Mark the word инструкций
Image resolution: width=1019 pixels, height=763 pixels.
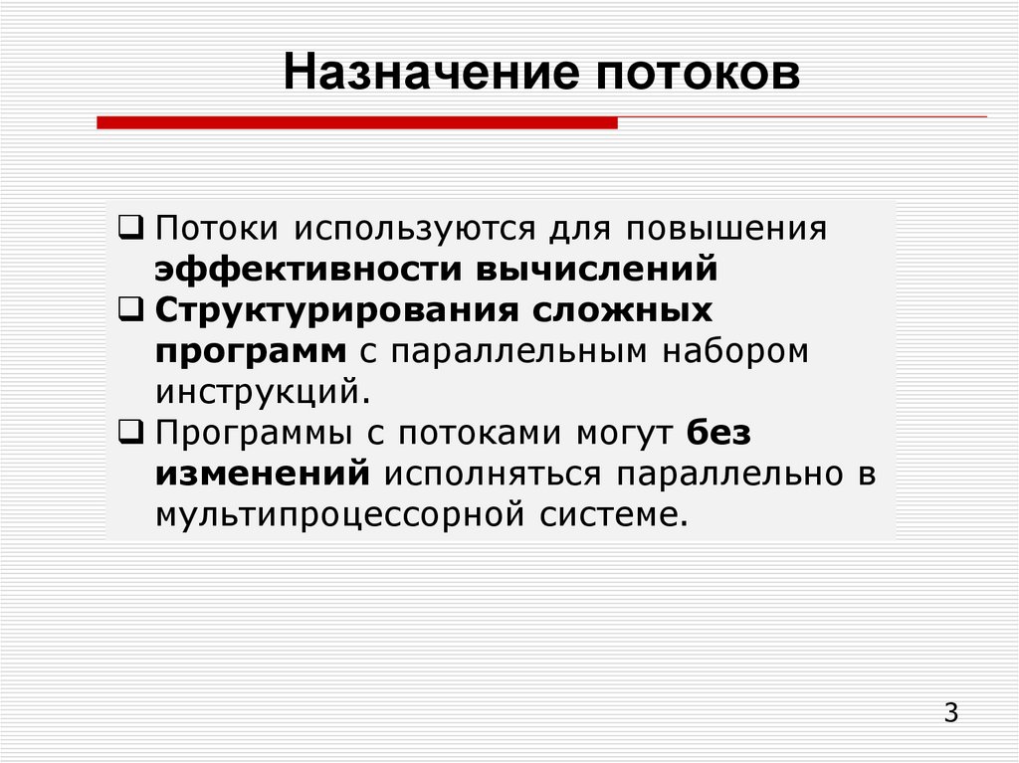coord(263,392)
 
